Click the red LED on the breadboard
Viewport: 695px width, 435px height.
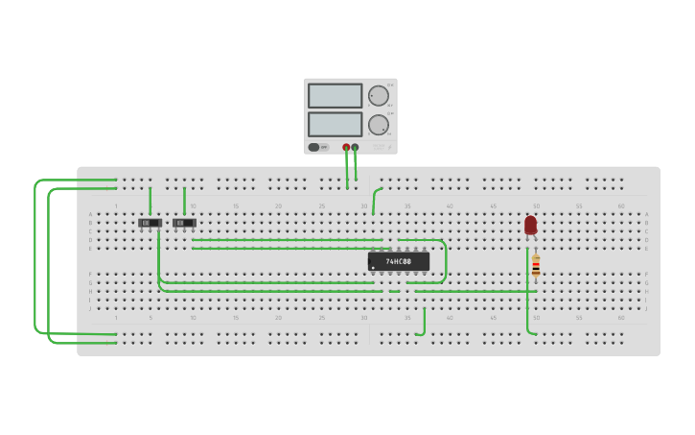pyautogui.click(x=530, y=225)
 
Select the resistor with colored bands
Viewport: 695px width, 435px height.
pyautogui.click(x=536, y=266)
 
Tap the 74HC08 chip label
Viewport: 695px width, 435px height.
pyautogui.click(x=399, y=261)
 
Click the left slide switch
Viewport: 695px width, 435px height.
pyautogui.click(x=150, y=223)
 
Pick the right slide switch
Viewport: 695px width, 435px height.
pyautogui.click(x=184, y=223)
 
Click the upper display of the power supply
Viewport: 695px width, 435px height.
pyautogui.click(x=335, y=96)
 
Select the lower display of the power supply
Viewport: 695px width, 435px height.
pyautogui.click(x=335, y=125)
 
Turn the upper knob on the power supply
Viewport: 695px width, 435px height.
pyautogui.click(x=379, y=96)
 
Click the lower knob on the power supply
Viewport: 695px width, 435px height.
pyautogui.click(x=379, y=125)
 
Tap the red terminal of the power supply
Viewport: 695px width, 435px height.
pyautogui.click(x=346, y=147)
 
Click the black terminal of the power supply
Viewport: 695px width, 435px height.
pyautogui.click(x=356, y=147)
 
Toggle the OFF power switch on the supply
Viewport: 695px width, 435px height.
pyautogui.click(x=317, y=147)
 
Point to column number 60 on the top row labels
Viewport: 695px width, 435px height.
pyautogui.click(x=620, y=206)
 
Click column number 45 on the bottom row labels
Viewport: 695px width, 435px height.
pyautogui.click(x=494, y=318)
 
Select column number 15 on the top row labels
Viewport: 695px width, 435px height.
pyautogui.click(x=236, y=206)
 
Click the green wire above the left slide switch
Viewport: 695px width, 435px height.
pyautogui.click(x=151, y=201)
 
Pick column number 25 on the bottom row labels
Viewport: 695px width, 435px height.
pyautogui.click(x=322, y=318)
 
